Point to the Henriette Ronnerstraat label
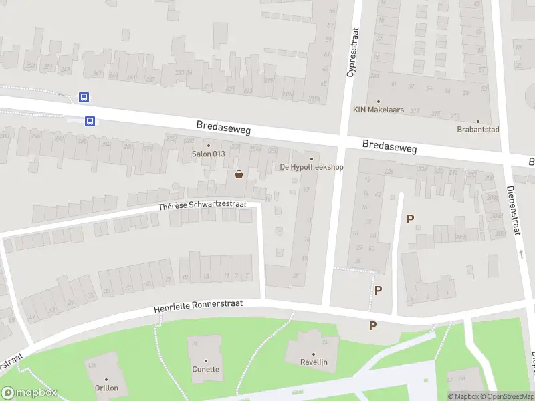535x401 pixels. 197,307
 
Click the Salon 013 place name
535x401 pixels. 208,154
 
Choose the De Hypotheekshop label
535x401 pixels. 311,167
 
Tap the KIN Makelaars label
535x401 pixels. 379,110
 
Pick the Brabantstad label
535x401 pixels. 477,129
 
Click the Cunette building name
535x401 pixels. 205,369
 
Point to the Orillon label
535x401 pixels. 106,388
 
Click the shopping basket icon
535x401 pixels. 239,175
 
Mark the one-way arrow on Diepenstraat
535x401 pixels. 521,255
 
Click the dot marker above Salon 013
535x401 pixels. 208,146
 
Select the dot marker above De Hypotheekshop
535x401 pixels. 311,159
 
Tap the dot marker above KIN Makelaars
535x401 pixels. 379,102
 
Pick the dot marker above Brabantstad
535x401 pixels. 477,121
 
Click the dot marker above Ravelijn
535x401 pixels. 313,354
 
